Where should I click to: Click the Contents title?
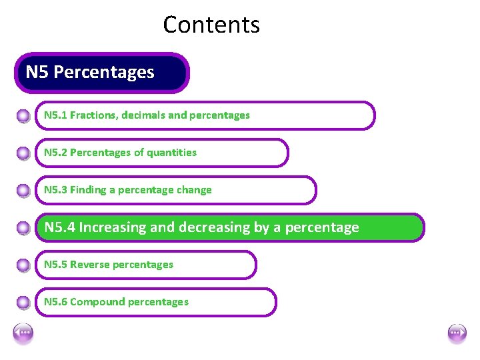[x=211, y=25]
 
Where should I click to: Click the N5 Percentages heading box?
[x=102, y=73]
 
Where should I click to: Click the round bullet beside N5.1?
[x=23, y=116]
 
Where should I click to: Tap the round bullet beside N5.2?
[x=23, y=153]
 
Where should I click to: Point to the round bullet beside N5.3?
[x=23, y=191]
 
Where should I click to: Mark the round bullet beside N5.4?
[x=23, y=228]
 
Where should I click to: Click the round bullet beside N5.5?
[x=23, y=265]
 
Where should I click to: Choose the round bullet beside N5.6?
[x=23, y=303]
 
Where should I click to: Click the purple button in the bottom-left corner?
[x=23, y=332]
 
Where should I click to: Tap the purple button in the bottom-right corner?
[x=457, y=332]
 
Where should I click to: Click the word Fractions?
[x=93, y=115]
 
